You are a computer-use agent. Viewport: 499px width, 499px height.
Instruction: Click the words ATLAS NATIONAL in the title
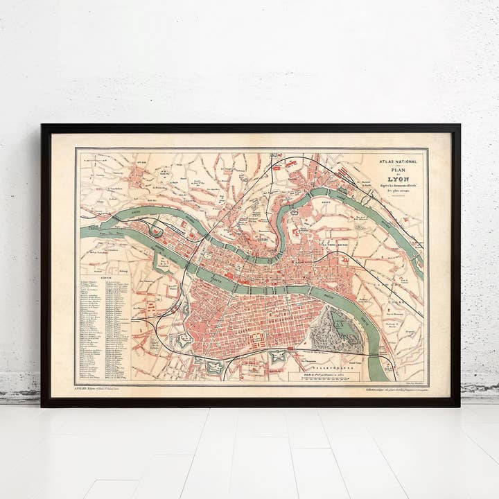point(397,161)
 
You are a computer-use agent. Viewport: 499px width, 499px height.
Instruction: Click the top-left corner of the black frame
point(43,126)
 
